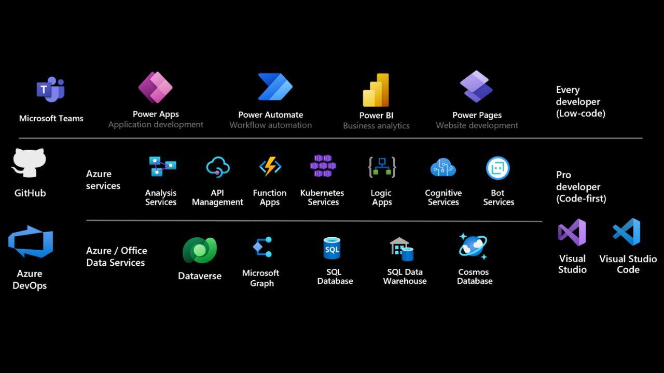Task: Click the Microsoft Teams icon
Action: [50, 89]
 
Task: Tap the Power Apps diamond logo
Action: [155, 88]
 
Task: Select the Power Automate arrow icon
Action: [275, 87]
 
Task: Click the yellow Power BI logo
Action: [376, 90]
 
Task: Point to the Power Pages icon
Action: [476, 87]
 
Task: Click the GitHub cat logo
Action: [29, 163]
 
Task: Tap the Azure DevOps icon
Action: [31, 241]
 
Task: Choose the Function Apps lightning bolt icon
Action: [270, 166]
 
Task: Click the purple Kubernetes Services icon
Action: [323, 166]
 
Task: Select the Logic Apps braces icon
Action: [382, 167]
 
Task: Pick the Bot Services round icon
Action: [498, 168]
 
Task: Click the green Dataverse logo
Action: [200, 250]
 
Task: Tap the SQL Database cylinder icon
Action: [331, 248]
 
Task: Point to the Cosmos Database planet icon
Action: [473, 246]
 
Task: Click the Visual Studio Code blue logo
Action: [626, 232]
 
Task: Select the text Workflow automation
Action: [271, 125]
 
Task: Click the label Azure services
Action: [103, 180]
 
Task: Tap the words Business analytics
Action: [376, 126]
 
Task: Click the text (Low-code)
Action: [580, 113]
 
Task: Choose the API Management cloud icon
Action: [218, 167]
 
